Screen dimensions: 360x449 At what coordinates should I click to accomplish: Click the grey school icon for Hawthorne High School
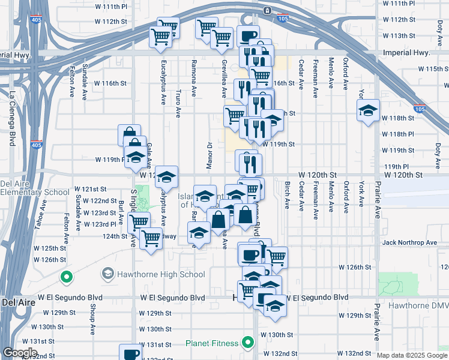pos(107,274)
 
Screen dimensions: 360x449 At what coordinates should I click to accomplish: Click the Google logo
pos(20,353)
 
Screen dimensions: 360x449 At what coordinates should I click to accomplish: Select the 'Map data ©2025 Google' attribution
pos(412,355)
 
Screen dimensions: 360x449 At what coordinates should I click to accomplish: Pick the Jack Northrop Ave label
pos(412,242)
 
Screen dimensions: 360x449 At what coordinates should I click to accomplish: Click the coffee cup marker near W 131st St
pos(130,353)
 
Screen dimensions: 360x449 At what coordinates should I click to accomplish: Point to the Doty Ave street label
pos(438,154)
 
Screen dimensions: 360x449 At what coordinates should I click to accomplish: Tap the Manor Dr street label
pos(209,152)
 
